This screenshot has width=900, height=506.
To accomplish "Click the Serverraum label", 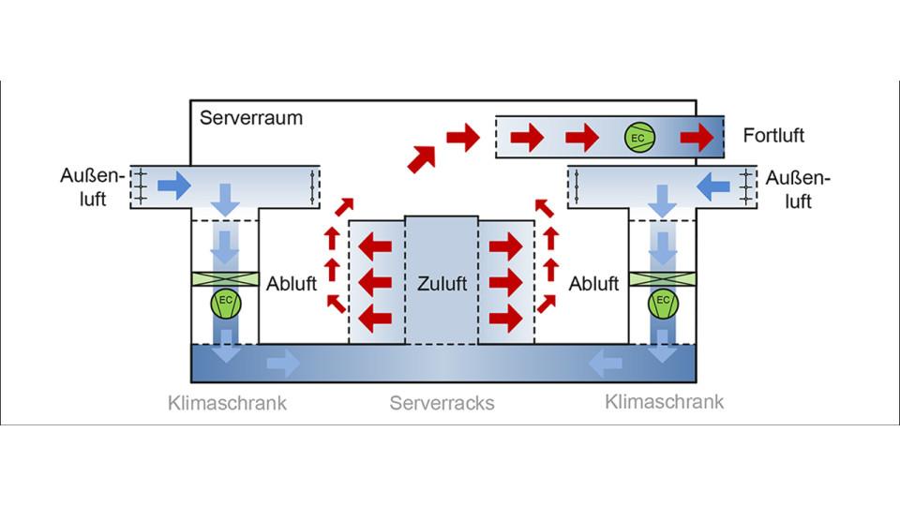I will pyautogui.click(x=251, y=120).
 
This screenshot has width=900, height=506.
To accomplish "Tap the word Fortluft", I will pyautogui.click(x=773, y=136).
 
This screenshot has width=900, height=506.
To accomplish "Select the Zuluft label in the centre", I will pyautogui.click(x=442, y=282).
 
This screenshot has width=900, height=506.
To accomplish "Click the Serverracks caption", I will pyautogui.click(x=442, y=404).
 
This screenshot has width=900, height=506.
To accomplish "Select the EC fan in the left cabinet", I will pyautogui.click(x=225, y=304).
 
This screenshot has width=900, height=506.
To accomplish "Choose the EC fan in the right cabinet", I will pyautogui.click(x=663, y=304).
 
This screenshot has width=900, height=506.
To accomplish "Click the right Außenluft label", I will pyautogui.click(x=799, y=188).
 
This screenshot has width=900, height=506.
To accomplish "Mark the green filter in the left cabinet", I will pyautogui.click(x=225, y=279).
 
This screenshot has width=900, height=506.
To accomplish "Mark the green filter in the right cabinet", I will pyautogui.click(x=663, y=279).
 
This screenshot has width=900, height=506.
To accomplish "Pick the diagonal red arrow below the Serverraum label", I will pyautogui.click(x=421, y=157).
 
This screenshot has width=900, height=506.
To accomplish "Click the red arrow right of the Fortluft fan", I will pyautogui.click(x=696, y=138).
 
